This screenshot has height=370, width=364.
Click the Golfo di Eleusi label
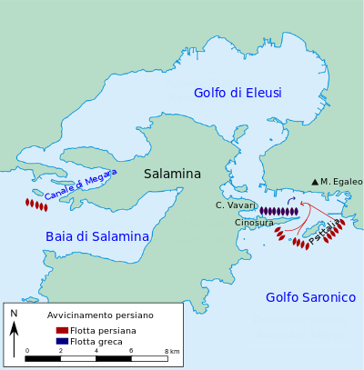click(238, 93)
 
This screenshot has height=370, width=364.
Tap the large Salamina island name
click(172, 174)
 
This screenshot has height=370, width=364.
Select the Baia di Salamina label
click(97, 236)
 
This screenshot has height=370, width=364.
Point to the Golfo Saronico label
click(310, 297)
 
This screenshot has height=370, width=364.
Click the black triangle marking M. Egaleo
click(315, 183)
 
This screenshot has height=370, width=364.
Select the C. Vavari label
click(234, 205)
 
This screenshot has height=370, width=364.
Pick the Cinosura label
click(254, 223)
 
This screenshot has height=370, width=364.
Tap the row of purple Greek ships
click(278, 211)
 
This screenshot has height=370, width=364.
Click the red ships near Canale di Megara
click(36, 205)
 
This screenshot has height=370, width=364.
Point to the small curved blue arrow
click(291, 200)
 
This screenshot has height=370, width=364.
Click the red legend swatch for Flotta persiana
click(62, 330)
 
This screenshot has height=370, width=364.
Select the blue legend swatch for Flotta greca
click(62, 341)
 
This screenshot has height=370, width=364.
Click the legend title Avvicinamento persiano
click(100, 315)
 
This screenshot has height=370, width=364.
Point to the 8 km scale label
click(173, 351)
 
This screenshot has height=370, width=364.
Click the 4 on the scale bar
click(96, 351)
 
